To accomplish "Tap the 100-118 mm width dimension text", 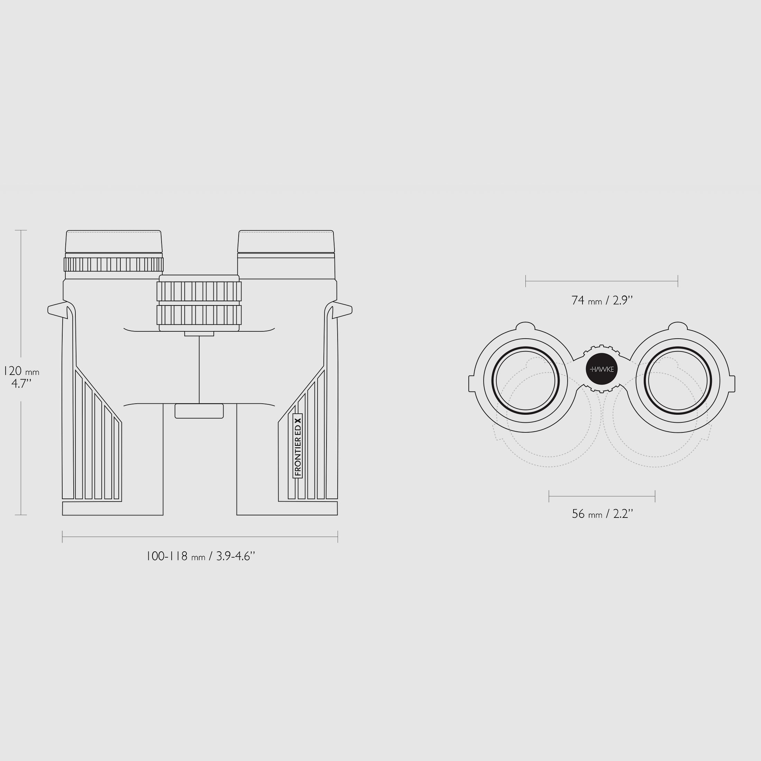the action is pyautogui.click(x=201, y=556).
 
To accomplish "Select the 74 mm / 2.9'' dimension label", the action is pyautogui.click(x=602, y=301).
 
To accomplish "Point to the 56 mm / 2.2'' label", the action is pyautogui.click(x=602, y=514).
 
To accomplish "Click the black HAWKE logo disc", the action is pyautogui.click(x=602, y=369).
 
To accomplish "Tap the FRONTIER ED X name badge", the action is pyautogui.click(x=297, y=446).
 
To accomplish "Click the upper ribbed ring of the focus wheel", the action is pyautogui.click(x=199, y=292).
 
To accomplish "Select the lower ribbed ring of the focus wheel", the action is pyautogui.click(x=199, y=315).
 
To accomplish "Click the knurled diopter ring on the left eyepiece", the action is pyautogui.click(x=114, y=264).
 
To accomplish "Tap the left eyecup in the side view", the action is pyautogui.click(x=114, y=241).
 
